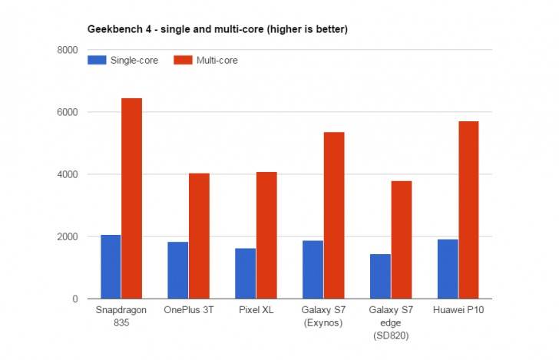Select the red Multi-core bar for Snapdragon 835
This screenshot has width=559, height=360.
pyautogui.click(x=131, y=198)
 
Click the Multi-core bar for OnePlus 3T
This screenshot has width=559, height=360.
pyautogui.click(x=199, y=236)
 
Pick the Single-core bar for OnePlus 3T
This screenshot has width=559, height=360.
pyautogui.click(x=178, y=270)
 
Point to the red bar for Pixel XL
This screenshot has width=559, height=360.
pyautogui.click(x=266, y=235)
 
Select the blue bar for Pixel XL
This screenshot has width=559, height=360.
pyautogui.click(x=246, y=273)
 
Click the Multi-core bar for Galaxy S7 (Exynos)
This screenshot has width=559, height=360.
pyautogui.click(x=334, y=215)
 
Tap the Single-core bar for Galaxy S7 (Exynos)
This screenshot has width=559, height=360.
pyautogui.click(x=313, y=269)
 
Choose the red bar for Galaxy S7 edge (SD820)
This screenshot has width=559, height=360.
pyautogui.click(x=402, y=239)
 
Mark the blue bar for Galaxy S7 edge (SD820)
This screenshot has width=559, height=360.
pyautogui.click(x=381, y=276)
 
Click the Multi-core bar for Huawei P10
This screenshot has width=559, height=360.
pyautogui.click(x=469, y=210)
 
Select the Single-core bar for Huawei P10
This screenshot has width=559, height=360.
pyautogui.click(x=448, y=269)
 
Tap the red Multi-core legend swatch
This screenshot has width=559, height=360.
pyautogui.click(x=184, y=60)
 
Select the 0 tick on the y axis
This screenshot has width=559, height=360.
pyautogui.click(x=74, y=299)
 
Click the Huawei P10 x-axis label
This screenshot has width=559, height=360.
pyautogui.click(x=458, y=311)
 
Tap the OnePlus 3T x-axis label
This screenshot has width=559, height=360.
pyautogui.click(x=188, y=311)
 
